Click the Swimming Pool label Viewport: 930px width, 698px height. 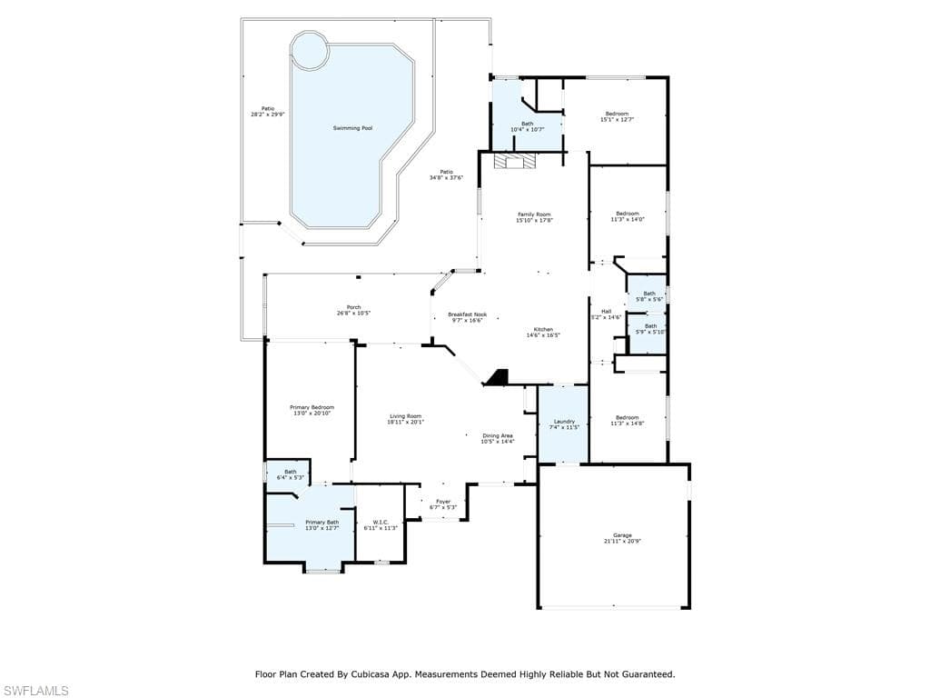click(352, 128)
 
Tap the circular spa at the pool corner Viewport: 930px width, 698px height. click(310, 51)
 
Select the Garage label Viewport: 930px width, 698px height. click(622, 535)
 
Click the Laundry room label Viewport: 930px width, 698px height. click(564, 422)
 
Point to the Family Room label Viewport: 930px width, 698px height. click(534, 214)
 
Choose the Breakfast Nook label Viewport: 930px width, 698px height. click(467, 314)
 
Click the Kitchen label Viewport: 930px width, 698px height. click(543, 329)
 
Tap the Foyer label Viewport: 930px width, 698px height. click(443, 502)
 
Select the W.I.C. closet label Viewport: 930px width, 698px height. click(381, 522)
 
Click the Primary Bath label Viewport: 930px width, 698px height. click(322, 523)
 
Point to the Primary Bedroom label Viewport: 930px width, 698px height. click(312, 407)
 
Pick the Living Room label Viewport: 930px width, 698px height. click(406, 416)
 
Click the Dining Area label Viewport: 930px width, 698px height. click(497, 435)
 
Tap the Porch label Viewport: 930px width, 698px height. click(353, 307)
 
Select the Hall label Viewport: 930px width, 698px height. click(606, 312)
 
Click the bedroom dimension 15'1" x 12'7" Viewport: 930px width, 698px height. click(617, 120)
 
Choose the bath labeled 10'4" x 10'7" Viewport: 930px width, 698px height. click(527, 126)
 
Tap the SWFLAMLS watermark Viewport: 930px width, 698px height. click(35, 691)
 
